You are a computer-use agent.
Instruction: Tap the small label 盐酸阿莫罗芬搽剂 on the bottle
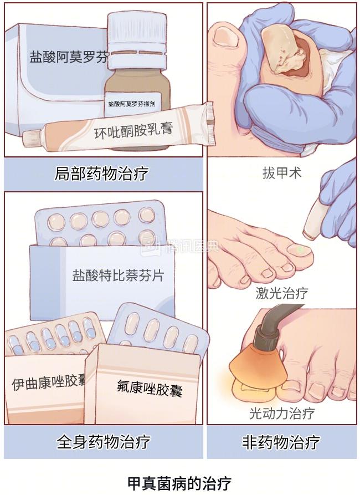[131, 104]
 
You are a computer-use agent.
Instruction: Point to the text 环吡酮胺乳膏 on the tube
[133, 130]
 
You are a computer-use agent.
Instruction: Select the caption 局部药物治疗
[101, 173]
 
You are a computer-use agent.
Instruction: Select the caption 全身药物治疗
[103, 441]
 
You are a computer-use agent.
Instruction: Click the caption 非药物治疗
[281, 441]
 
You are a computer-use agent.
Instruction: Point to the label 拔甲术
[282, 173]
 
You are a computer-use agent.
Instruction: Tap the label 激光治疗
[282, 293]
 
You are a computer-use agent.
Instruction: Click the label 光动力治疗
[282, 413]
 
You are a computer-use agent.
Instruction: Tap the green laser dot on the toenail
[300, 249]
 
